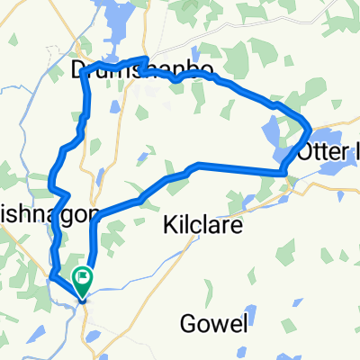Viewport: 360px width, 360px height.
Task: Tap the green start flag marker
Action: [84, 280]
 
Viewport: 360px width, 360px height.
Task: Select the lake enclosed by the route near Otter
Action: [274, 136]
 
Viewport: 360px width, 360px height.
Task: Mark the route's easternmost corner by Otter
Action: [310, 126]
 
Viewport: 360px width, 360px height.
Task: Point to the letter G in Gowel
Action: [187, 324]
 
